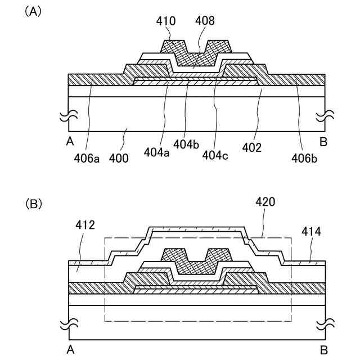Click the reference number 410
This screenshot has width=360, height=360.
[x=166, y=21]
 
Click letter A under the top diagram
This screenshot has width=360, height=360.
[x=70, y=142]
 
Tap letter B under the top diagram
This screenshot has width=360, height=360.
[x=323, y=142]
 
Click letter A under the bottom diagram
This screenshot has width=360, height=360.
[x=70, y=349]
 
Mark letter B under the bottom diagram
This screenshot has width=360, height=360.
[x=323, y=349]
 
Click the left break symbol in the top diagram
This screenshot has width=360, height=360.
[x=67, y=118]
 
